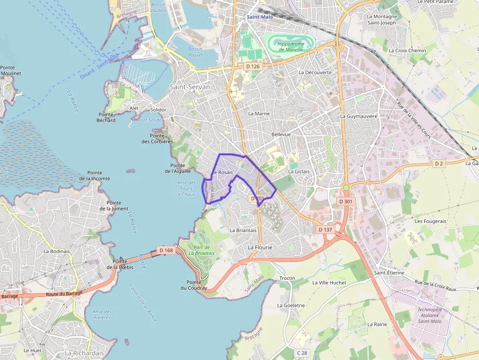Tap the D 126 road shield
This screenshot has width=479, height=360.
[253, 66]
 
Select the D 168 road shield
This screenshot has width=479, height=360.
[166, 250]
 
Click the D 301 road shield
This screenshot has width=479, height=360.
[346, 201]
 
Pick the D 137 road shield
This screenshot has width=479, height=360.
[325, 230]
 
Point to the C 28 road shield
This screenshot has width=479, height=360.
[302, 353]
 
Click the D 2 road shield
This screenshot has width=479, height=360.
[439, 164]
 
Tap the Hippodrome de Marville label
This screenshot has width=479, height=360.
[290, 46]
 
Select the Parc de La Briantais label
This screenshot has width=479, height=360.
[201, 250]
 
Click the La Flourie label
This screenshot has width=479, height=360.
[260, 247]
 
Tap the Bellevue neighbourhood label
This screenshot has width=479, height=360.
[281, 134]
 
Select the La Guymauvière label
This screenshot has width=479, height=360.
[359, 116]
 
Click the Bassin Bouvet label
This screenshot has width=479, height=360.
[196, 52]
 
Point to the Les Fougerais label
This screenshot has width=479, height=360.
[430, 221]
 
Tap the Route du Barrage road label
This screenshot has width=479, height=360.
[64, 293]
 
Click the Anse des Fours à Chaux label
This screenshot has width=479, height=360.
[186, 189]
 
